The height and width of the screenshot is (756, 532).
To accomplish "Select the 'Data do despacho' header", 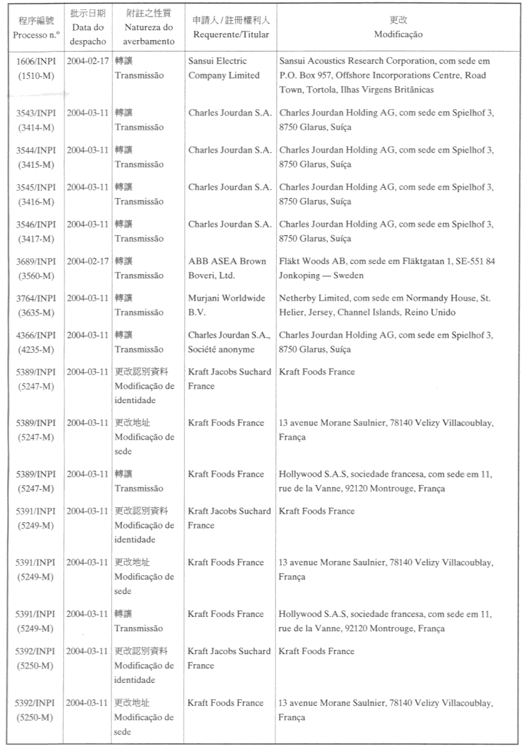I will [89, 34].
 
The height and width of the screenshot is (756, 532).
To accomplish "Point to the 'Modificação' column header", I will [399, 34].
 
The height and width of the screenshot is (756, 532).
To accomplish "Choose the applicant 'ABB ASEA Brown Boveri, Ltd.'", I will [227, 268].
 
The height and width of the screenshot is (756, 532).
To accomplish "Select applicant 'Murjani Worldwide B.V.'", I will [227, 305].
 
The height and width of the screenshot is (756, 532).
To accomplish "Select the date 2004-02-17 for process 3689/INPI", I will [88, 261].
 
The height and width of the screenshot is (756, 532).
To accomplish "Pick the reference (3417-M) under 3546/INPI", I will [37, 239].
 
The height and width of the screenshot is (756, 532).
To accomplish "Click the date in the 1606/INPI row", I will [88, 61].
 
